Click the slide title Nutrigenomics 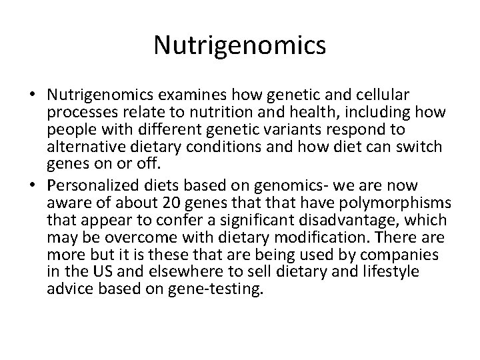pos(239,46)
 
